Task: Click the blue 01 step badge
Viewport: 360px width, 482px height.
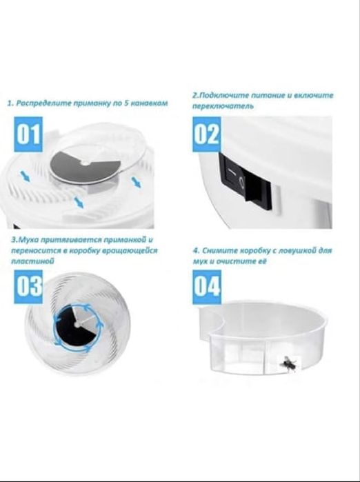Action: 29,134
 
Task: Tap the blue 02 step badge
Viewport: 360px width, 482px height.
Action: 206,134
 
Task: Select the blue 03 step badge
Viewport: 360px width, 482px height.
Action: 30,285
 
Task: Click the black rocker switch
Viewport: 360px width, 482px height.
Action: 246,181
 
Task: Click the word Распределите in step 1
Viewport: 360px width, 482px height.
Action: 41,103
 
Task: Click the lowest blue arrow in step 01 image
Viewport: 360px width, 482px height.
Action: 79,202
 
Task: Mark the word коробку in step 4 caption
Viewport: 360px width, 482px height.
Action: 259,250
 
